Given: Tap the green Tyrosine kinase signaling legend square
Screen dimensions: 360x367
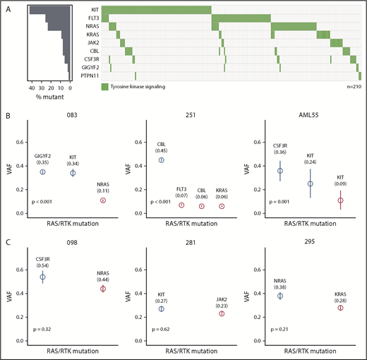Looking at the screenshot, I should click(104, 87).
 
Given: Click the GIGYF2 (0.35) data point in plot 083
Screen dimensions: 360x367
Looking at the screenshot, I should click(42, 172).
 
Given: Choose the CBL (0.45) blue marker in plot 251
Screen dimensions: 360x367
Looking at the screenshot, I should click(162, 160).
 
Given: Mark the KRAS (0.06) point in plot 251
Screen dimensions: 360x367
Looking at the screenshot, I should click(222, 206).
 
